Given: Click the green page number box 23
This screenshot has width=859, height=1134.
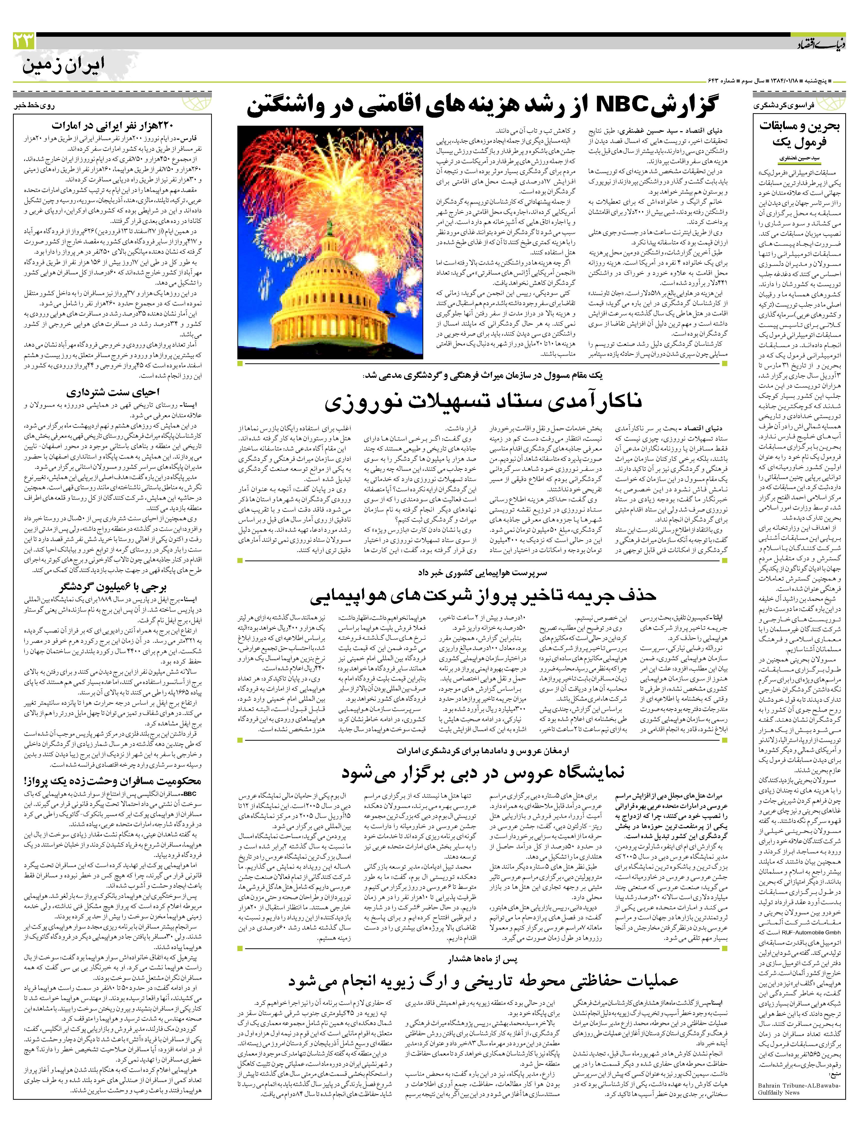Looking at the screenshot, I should tap(24, 40).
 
